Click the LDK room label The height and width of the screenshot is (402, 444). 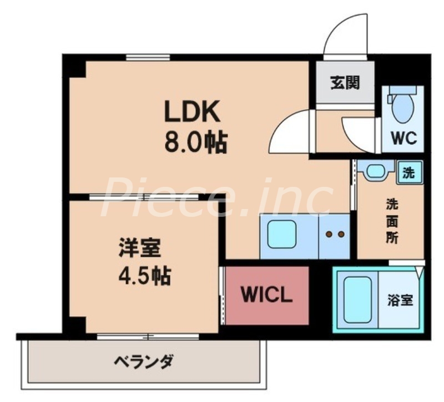[192, 113]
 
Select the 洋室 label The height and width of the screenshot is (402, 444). [139, 248]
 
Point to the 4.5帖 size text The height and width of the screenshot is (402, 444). [144, 276]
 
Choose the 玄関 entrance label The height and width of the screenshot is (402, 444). [345, 83]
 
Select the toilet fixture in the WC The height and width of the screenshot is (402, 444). [402, 106]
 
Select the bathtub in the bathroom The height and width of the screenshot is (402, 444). [357, 300]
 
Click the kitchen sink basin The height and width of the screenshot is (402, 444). [282, 234]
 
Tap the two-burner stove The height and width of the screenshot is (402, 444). [335, 235]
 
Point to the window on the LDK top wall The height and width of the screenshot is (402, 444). [148, 57]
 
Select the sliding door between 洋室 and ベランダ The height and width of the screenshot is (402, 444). [148, 336]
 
